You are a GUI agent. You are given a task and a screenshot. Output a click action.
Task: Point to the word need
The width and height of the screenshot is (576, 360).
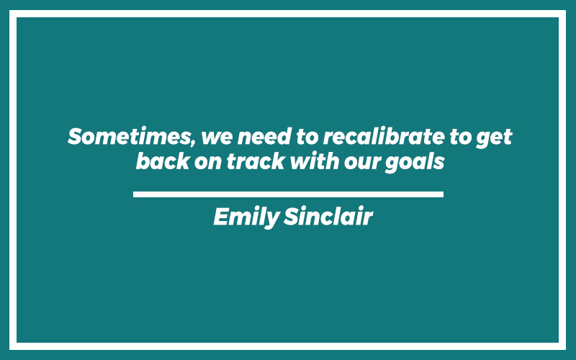click(264, 136)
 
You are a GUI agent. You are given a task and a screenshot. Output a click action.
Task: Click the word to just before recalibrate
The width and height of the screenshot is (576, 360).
click(307, 137)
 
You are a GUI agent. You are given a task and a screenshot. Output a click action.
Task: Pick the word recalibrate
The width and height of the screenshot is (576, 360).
click(384, 136)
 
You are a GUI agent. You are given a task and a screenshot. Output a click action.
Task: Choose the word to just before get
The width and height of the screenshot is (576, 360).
click(460, 137)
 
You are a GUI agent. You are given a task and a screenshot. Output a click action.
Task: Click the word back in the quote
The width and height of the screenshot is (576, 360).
click(163, 161)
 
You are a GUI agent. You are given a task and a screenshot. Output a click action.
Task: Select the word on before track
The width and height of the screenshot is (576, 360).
click(208, 163)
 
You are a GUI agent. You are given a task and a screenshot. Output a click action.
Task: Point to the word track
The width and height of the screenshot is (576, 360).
click(256, 161)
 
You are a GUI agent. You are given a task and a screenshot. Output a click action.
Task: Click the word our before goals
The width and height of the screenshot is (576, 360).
click(362, 163)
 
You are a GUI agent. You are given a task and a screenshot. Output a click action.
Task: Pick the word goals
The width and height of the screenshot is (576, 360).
click(415, 163)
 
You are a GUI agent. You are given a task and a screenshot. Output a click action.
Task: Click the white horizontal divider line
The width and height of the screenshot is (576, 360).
click(289, 194)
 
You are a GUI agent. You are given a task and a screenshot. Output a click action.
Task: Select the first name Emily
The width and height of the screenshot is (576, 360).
click(247, 217)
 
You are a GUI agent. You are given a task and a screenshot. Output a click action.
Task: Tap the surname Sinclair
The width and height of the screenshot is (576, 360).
click(328, 216)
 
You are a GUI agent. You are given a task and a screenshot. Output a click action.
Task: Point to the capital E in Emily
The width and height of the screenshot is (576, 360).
click(222, 216)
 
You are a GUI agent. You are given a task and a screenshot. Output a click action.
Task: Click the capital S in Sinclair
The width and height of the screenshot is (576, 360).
click(292, 216)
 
